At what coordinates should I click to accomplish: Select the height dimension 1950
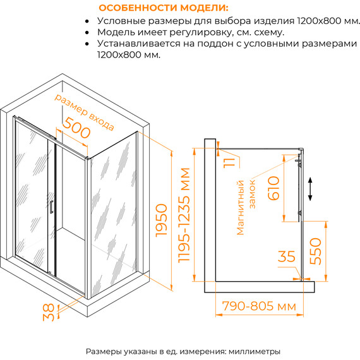(162, 220)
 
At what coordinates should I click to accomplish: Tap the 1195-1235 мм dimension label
(184, 215)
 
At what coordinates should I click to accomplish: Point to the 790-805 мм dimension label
(258, 307)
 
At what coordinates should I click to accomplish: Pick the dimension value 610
(273, 188)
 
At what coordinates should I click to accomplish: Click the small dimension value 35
(287, 256)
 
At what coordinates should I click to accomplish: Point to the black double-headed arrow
(309, 189)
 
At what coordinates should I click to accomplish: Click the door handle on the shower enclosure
(51, 207)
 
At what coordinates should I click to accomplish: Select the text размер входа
(84, 113)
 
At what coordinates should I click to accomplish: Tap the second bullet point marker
(87, 32)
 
